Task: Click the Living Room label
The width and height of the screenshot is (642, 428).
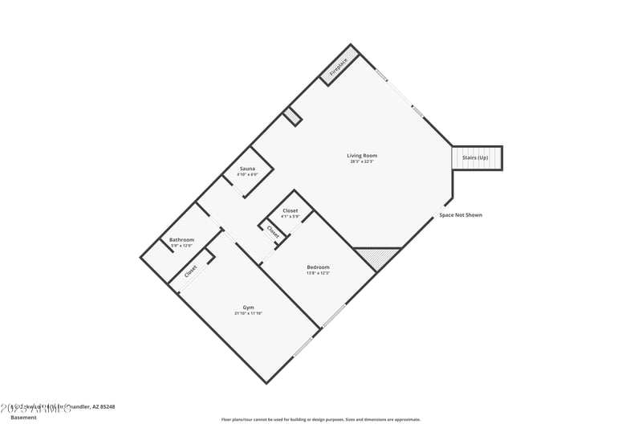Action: click(362, 155)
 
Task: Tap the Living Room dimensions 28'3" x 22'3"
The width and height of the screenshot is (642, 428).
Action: click(362, 161)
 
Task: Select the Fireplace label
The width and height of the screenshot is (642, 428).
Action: click(340, 67)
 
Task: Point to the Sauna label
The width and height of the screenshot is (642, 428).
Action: click(247, 169)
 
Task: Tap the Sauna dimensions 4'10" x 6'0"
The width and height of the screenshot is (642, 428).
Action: click(247, 174)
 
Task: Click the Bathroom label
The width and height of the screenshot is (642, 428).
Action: click(181, 239)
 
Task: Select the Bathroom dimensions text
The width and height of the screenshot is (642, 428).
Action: click(181, 246)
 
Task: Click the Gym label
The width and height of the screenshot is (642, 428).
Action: click(249, 307)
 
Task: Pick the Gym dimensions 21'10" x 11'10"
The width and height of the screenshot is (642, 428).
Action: click(249, 313)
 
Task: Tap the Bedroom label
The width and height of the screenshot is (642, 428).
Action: click(318, 267)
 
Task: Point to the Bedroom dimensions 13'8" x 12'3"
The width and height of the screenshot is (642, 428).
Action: click(318, 273)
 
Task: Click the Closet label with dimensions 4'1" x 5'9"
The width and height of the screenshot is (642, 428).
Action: click(290, 210)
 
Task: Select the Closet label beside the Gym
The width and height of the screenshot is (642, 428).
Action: click(190, 271)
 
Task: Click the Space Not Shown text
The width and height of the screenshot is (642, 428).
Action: click(461, 215)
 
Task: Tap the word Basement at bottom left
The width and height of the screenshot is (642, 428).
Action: click(23, 418)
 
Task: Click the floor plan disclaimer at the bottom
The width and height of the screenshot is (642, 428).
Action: click(320, 419)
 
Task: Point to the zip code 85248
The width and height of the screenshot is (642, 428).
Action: click(106, 407)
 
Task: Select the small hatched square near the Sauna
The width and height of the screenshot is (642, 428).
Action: click(292, 117)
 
